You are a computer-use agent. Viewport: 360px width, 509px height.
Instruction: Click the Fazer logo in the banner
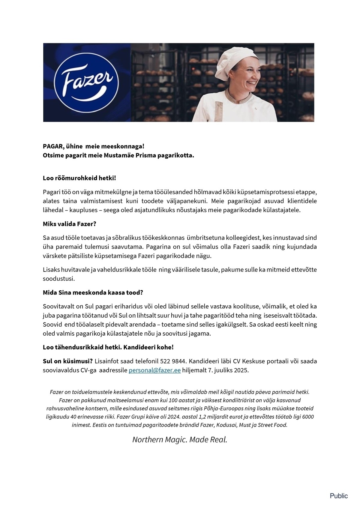point(87,82)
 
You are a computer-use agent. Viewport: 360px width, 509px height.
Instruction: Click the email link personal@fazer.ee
point(154,370)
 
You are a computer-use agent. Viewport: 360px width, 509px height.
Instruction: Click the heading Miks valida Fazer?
point(70,224)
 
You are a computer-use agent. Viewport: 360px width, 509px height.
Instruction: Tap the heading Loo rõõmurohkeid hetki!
point(79,178)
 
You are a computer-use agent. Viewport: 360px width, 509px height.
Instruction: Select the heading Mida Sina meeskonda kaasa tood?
point(93,292)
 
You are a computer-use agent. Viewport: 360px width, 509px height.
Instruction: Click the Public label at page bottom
point(339,496)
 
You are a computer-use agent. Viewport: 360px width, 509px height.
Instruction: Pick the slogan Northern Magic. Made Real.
point(180,439)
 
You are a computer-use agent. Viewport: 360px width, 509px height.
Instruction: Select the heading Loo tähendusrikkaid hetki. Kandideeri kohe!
point(108,347)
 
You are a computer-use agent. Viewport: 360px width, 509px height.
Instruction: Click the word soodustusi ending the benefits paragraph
point(59,279)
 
